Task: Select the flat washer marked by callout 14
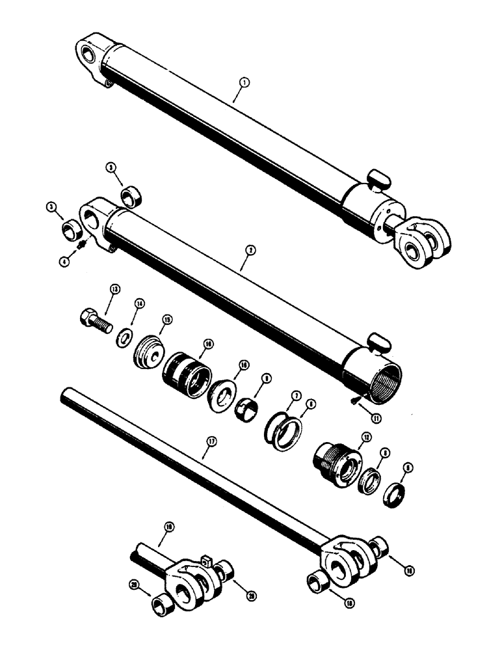[124, 339]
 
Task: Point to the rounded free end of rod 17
[65, 395]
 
